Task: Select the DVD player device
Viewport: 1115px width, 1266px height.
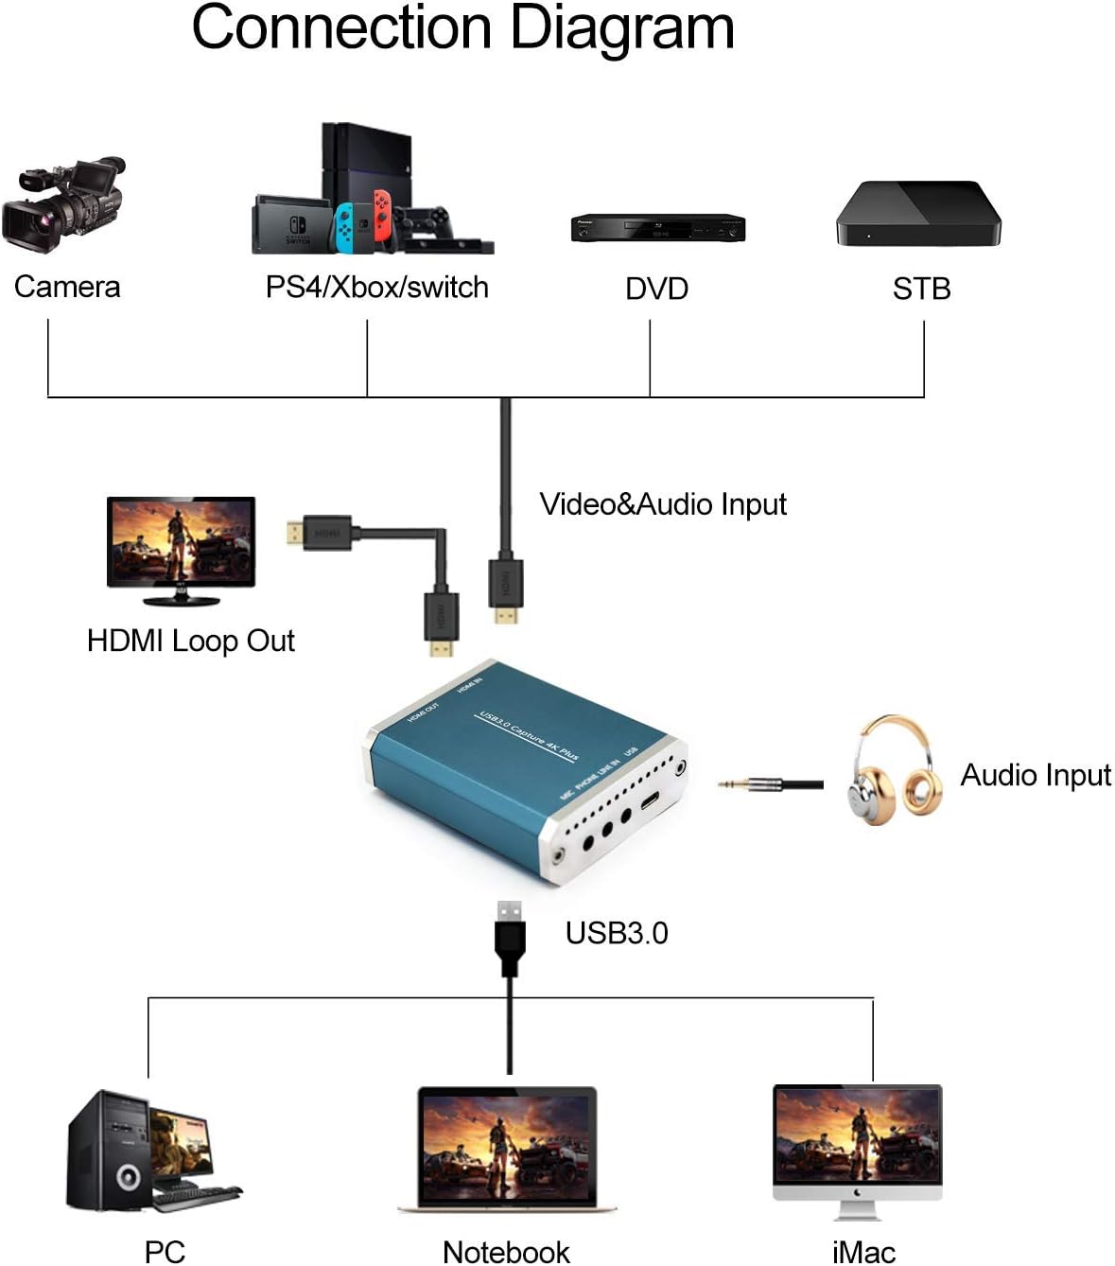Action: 657,228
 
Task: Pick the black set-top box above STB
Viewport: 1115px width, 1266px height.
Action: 917,214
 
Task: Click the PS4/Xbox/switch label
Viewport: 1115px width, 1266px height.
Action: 376,287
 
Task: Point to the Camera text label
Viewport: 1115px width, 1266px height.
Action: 67,287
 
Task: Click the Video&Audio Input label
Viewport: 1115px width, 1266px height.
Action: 662,504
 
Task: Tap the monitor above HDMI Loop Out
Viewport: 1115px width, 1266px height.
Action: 181,545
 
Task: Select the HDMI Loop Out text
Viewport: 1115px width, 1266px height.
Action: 190,641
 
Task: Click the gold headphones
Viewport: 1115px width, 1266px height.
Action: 894,770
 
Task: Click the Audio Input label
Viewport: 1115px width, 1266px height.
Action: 1036,775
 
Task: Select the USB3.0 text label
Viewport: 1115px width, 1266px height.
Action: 617,933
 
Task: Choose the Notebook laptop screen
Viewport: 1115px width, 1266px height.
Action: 507,1144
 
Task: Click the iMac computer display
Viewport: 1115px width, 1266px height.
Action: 858,1135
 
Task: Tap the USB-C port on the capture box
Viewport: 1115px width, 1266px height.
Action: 651,802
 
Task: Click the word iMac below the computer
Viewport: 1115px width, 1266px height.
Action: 863,1252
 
